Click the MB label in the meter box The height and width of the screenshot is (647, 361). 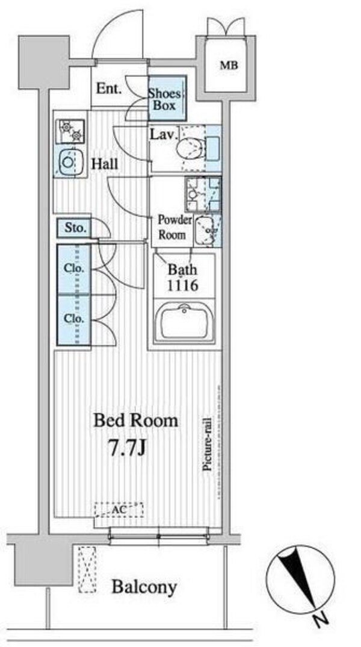[228, 65]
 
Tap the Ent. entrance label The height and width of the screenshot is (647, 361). [109, 89]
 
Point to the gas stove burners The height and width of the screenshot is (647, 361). [71, 131]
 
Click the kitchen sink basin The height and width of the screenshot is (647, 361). [69, 161]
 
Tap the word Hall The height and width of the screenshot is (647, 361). [104, 164]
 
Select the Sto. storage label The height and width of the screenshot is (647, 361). [75, 227]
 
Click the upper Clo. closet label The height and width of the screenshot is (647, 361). [74, 268]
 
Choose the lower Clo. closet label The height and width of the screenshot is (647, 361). [74, 319]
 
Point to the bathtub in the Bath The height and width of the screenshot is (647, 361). [185, 322]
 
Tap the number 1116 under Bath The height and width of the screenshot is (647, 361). [182, 285]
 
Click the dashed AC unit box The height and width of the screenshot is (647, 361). [119, 510]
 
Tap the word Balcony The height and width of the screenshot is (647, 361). [144, 586]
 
